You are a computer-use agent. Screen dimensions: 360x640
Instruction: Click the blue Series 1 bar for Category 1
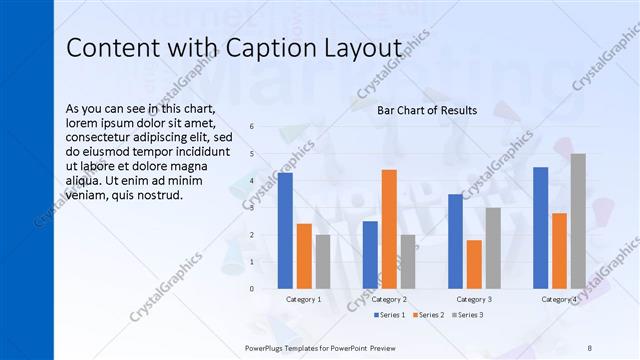(x=285, y=230)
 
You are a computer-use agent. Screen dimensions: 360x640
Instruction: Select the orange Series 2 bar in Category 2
(x=389, y=229)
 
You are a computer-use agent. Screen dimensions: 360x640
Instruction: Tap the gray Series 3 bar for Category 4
(x=578, y=221)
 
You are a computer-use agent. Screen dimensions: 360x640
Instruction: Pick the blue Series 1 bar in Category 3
(x=455, y=241)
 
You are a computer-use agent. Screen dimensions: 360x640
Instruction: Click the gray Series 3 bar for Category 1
(x=323, y=261)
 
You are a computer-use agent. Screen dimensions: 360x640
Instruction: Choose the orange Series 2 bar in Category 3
(x=474, y=264)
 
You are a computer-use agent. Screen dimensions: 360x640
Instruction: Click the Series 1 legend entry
(x=390, y=315)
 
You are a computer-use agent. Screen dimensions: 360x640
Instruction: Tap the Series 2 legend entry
(x=429, y=315)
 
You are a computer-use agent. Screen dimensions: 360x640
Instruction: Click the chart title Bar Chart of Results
(x=426, y=110)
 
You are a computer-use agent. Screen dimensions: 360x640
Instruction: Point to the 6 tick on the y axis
(x=252, y=126)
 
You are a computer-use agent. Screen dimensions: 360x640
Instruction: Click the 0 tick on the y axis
(x=252, y=289)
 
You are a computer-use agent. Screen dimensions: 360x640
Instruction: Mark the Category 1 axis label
(x=303, y=299)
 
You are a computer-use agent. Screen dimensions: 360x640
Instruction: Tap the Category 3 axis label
(x=474, y=299)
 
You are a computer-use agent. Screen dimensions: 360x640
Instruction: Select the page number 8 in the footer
(x=590, y=347)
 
